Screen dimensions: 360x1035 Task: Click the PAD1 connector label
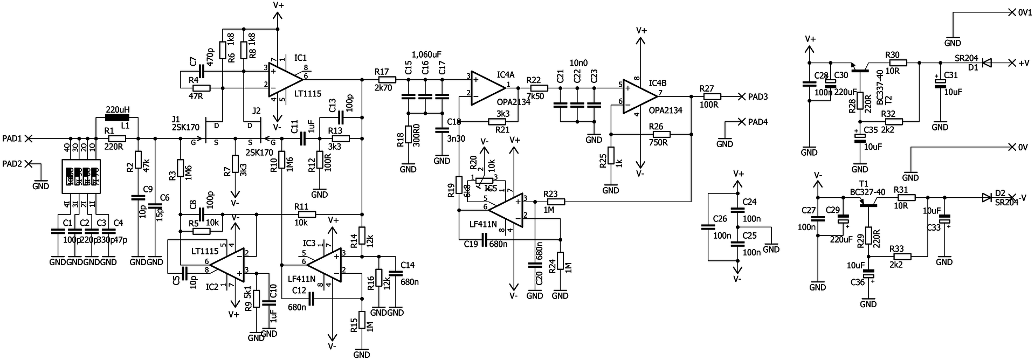12,139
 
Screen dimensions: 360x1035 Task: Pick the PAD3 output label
758,96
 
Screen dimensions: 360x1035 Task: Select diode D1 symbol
986,63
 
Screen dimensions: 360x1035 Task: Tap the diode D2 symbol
986,197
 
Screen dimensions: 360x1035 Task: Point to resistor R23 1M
556,202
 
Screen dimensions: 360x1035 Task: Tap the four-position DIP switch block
81,175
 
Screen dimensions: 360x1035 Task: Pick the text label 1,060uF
426,54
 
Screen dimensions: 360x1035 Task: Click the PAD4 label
757,122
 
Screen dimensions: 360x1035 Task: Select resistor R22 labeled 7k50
539,87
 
